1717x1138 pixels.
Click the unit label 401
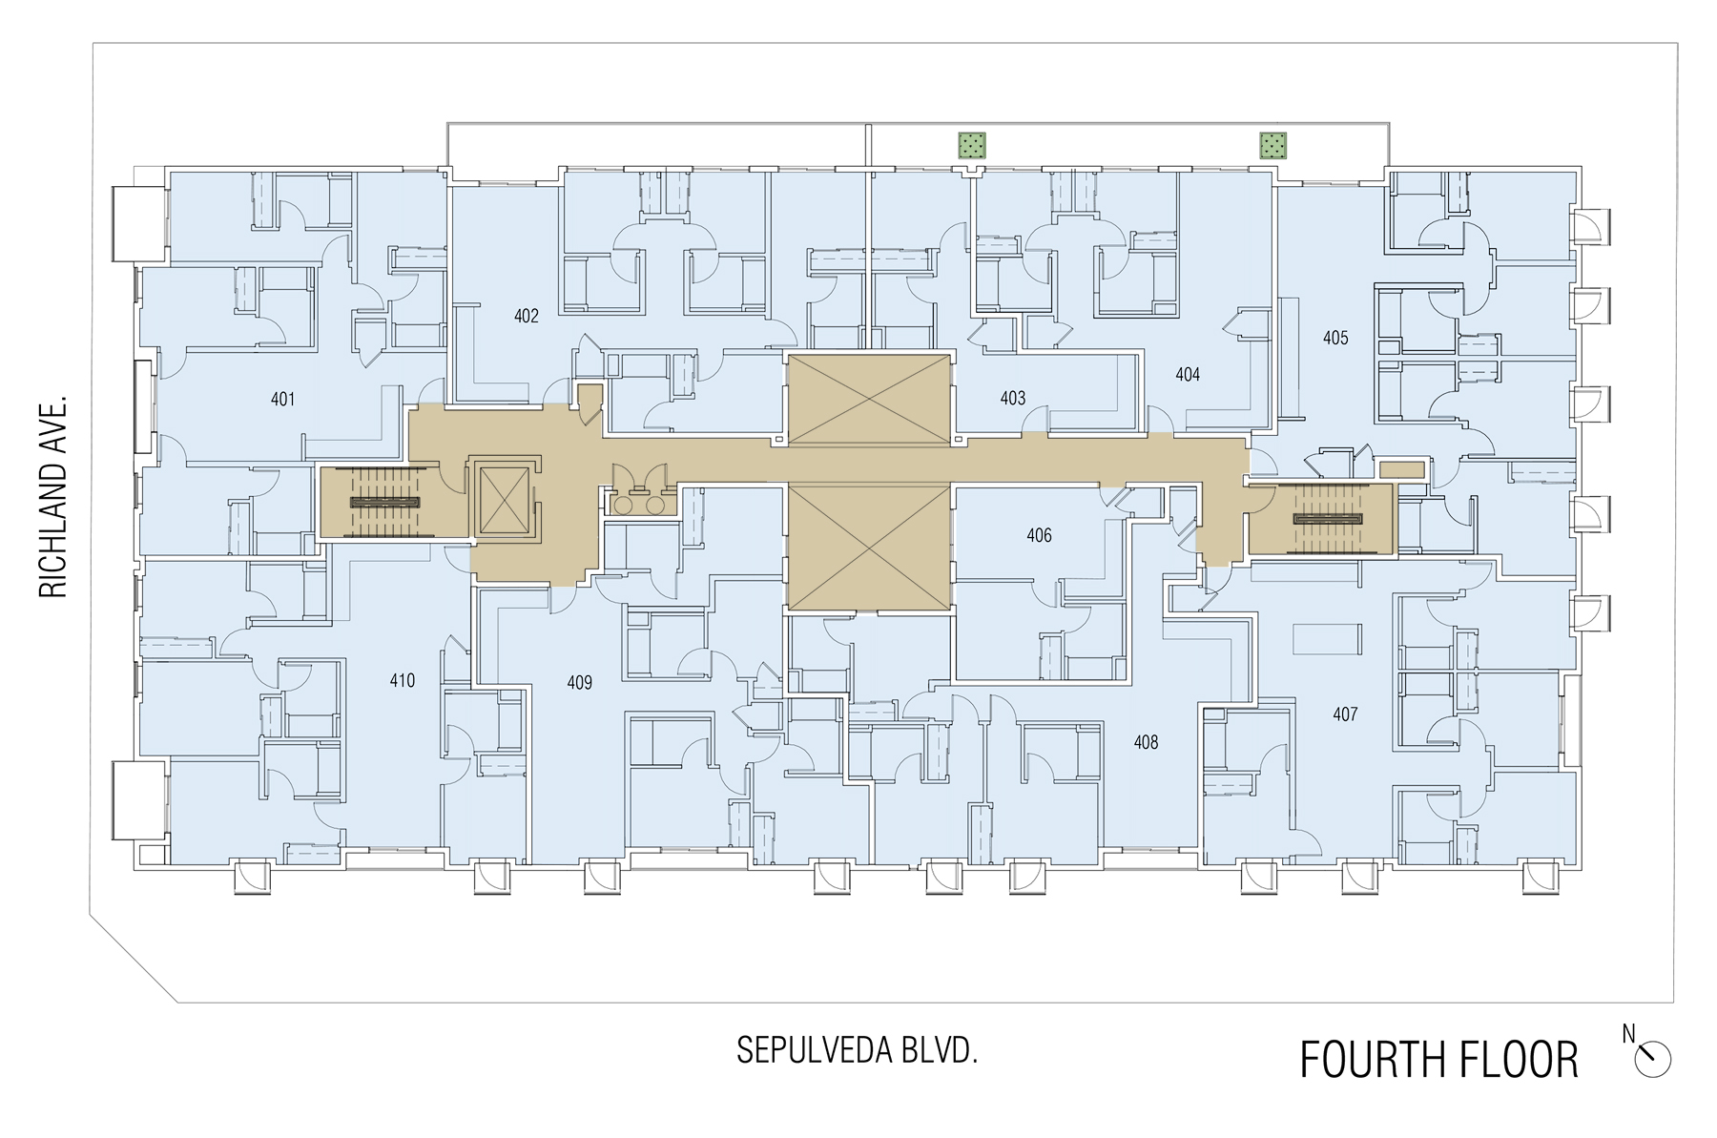[x=283, y=400]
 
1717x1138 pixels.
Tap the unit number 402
[x=527, y=316]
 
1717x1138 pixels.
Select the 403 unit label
[x=1013, y=398]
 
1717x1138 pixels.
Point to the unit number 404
[x=1188, y=375]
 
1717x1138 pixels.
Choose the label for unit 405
[x=1335, y=338]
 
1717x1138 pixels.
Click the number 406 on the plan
[x=1040, y=536]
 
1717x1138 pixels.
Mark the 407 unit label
[x=1345, y=714]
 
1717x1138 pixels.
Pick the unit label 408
[x=1146, y=742]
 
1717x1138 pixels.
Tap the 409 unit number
[x=580, y=683]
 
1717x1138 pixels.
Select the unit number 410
[x=403, y=681]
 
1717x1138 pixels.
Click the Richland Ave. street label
[x=53, y=497]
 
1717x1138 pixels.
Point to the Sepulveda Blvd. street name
[x=858, y=1050]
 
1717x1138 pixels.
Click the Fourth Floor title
[x=1438, y=1060]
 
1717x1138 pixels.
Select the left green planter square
[x=972, y=146]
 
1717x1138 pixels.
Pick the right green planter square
[x=1273, y=146]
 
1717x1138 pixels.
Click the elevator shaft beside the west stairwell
[x=505, y=500]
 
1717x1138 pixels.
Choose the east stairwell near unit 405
[x=1321, y=519]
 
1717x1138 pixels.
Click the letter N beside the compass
[x=1628, y=1034]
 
